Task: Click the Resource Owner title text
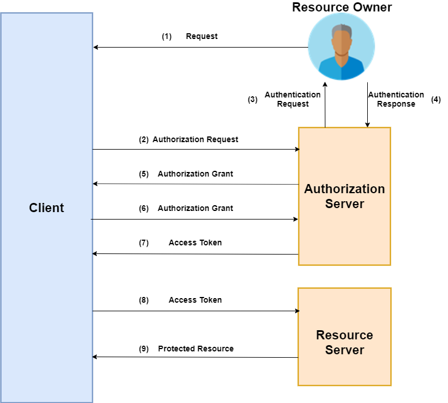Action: [x=342, y=7]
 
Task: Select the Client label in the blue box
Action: [x=46, y=208]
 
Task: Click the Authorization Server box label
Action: [x=344, y=196]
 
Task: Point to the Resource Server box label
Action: [x=344, y=342]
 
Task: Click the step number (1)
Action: [x=167, y=36]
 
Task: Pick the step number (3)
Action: [x=253, y=99]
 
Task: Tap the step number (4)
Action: [x=436, y=99]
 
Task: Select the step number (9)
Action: [x=144, y=349]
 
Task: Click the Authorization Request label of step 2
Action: [x=195, y=139]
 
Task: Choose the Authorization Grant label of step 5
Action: [x=195, y=174]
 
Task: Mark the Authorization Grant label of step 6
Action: [x=195, y=208]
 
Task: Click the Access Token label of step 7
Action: [x=195, y=242]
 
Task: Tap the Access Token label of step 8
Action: [x=195, y=300]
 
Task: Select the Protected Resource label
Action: [x=196, y=349]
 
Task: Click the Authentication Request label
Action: [x=293, y=99]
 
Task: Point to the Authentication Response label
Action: [x=396, y=99]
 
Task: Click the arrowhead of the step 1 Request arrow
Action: [x=96, y=47]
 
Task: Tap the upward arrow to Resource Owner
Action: [x=325, y=103]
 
